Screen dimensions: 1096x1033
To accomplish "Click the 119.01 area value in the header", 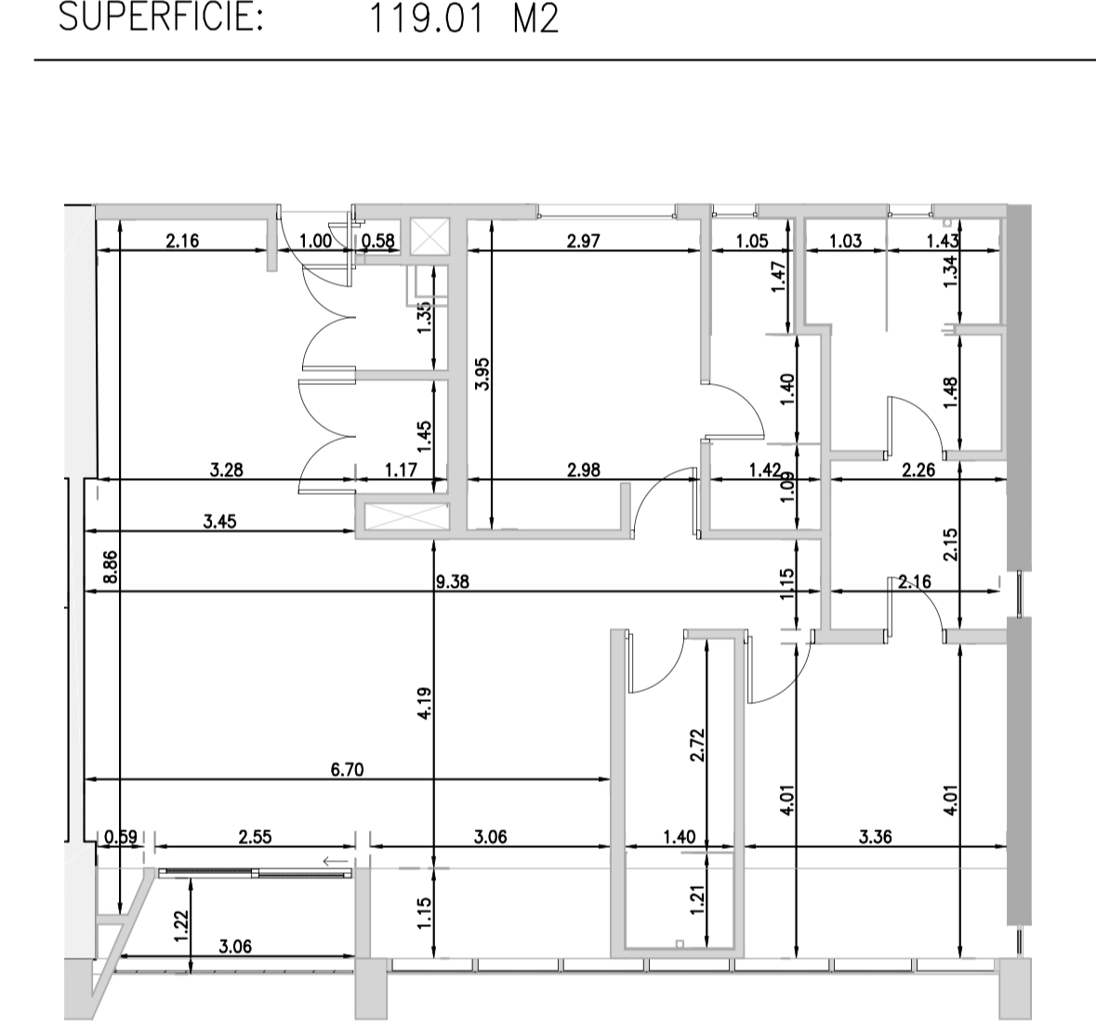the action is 426,19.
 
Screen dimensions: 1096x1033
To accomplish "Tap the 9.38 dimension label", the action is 452,581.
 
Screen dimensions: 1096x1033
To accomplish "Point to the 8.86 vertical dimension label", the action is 110,568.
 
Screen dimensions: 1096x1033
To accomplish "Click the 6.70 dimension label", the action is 347,770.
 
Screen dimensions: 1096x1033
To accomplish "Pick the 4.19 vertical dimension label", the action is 424,705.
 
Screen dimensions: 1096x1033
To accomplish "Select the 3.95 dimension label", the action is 482,375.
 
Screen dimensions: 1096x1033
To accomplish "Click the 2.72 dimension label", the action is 697,745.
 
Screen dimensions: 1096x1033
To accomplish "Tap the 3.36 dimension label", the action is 875,837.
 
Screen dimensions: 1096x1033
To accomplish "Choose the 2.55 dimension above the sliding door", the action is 255,837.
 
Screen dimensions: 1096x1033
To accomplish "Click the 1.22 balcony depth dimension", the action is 181,927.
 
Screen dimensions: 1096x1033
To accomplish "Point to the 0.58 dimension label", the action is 378,241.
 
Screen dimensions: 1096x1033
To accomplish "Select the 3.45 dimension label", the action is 219,521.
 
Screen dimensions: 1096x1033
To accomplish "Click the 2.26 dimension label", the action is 918,470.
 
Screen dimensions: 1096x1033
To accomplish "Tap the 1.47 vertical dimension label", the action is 779,277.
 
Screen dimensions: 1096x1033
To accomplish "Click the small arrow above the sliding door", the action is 336,860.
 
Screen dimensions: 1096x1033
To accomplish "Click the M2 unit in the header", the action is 536,19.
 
